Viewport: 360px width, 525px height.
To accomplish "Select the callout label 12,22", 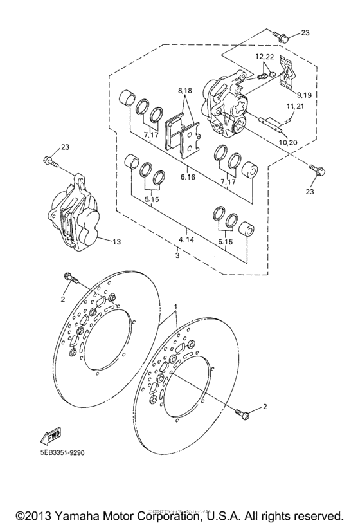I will pos(264,57).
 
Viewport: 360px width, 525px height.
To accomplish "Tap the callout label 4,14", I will pos(186,239).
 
